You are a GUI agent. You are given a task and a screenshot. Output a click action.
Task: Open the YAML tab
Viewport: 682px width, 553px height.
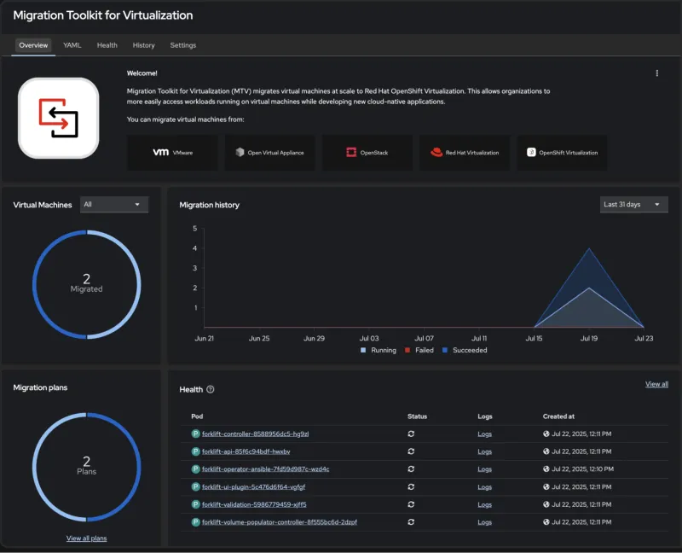72,45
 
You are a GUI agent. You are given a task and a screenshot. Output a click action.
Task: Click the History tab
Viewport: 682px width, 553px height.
143,45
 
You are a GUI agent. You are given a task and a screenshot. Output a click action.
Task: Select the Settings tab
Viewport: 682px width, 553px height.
182,45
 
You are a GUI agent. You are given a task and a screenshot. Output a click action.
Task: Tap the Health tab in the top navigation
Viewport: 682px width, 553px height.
107,45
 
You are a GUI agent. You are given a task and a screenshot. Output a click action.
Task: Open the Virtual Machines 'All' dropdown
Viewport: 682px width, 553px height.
113,205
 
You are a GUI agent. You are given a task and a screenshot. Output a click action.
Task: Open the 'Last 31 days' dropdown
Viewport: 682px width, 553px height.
633,205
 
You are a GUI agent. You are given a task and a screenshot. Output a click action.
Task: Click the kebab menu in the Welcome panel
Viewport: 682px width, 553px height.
657,73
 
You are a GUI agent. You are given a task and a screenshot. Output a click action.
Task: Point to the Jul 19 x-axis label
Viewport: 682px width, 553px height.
589,339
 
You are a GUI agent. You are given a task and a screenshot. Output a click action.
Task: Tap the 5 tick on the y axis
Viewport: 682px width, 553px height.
195,229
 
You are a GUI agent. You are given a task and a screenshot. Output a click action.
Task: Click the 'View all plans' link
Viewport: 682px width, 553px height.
86,538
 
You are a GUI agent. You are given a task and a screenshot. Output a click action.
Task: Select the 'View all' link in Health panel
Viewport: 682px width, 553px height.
656,385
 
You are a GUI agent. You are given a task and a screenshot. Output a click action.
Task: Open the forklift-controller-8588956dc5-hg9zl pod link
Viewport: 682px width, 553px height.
255,434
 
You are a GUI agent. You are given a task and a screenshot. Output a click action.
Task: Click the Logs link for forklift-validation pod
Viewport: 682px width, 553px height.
484,504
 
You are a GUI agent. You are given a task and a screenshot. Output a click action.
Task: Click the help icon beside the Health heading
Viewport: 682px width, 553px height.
211,390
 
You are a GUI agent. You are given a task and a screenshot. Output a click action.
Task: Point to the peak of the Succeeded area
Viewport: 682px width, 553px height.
589,249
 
